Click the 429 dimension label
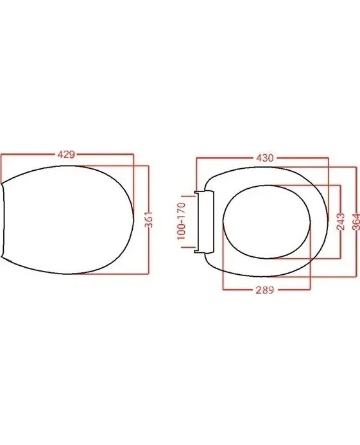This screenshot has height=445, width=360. point(66,155)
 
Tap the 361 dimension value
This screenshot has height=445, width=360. point(149,220)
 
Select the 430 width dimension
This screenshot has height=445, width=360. point(265,158)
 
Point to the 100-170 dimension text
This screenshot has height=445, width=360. point(182,221)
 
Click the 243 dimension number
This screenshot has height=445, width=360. point(340,222)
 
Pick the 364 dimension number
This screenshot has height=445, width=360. point(356,222)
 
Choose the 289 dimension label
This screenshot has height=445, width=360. point(265,290)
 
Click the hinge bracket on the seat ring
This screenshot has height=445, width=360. point(203,222)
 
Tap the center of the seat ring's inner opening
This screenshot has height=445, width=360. point(266,222)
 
